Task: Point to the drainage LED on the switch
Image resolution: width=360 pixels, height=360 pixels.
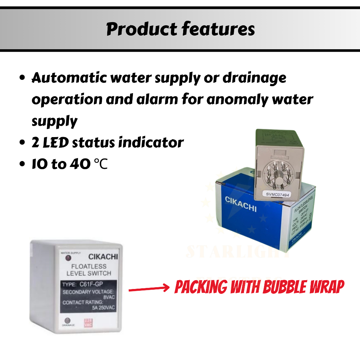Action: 67,321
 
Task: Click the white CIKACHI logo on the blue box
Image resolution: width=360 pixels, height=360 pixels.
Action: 241,204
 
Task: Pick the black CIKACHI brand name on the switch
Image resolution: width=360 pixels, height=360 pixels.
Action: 103,257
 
